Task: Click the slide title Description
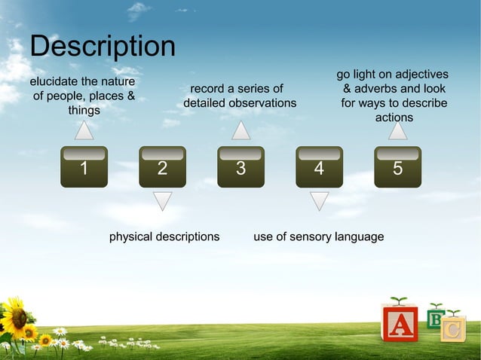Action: (x=103, y=47)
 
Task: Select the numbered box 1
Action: (x=84, y=166)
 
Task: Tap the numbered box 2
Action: (x=162, y=166)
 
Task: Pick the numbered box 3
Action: (x=240, y=166)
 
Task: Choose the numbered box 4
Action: (x=319, y=166)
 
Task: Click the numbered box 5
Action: (x=397, y=166)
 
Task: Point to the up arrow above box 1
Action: (x=84, y=131)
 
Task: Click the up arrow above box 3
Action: (x=240, y=131)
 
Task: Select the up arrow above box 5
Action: (x=397, y=131)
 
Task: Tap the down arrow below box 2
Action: (x=162, y=200)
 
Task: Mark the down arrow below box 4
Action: (x=319, y=200)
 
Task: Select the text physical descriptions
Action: (x=164, y=236)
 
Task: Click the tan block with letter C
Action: (x=453, y=329)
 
